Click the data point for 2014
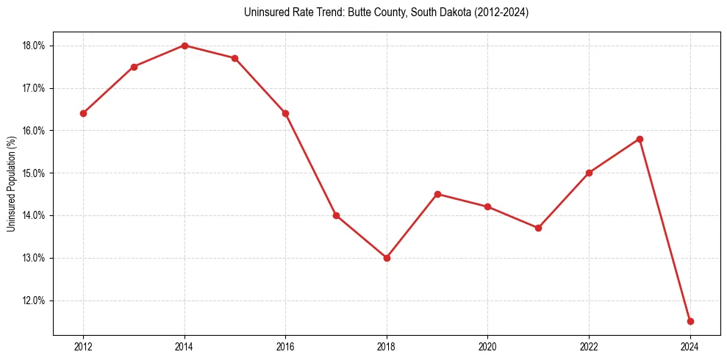click(185, 46)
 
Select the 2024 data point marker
click(690, 321)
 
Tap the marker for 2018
click(387, 258)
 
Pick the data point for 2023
click(640, 139)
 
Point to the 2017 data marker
click(336, 215)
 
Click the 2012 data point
click(83, 113)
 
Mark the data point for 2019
click(437, 194)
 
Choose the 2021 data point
click(538, 228)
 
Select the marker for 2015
click(234, 58)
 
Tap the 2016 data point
click(285, 113)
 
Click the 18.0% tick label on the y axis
click(34, 46)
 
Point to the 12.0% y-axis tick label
click(34, 300)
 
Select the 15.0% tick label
click(34, 173)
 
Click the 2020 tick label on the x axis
click(487, 347)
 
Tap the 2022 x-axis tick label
click(589, 347)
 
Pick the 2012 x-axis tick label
click(83, 347)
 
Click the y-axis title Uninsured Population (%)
click(11, 184)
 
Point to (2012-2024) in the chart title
click(502, 12)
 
